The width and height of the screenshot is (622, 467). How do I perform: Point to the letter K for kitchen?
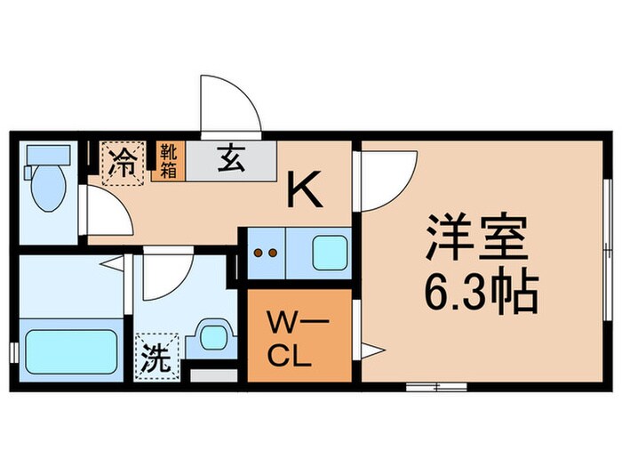303,189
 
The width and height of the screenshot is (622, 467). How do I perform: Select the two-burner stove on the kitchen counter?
266,252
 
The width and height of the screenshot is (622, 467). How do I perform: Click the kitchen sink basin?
328,252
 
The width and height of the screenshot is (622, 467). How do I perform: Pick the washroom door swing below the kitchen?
165,275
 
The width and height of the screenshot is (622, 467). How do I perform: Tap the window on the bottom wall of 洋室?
435,386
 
